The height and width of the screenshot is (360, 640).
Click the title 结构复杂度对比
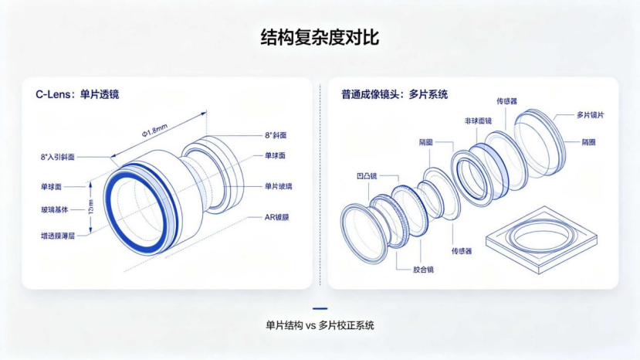(x=320, y=37)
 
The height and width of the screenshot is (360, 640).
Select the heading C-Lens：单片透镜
(x=77, y=94)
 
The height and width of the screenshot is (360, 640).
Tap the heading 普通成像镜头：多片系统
(x=394, y=94)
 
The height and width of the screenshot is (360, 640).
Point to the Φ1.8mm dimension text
(x=154, y=130)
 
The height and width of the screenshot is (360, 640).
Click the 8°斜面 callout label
(x=276, y=135)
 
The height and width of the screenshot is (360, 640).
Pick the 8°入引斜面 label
(x=58, y=157)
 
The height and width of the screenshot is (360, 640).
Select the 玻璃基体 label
(x=54, y=210)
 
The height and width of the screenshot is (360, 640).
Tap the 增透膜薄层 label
(x=58, y=236)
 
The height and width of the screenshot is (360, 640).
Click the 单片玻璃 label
(x=279, y=186)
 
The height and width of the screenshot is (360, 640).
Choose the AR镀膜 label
(x=276, y=217)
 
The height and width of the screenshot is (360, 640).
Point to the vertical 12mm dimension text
(x=90, y=207)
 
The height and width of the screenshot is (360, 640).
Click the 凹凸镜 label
(x=367, y=176)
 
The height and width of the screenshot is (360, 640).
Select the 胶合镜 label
(x=423, y=270)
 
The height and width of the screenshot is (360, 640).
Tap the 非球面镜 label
(x=478, y=121)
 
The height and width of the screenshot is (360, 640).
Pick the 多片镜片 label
(x=590, y=115)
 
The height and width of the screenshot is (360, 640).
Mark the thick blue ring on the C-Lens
(x=107, y=209)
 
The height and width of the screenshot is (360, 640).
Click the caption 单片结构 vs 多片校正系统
(x=320, y=325)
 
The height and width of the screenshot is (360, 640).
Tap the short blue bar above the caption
(x=320, y=308)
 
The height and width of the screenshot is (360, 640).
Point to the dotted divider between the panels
(x=320, y=185)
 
